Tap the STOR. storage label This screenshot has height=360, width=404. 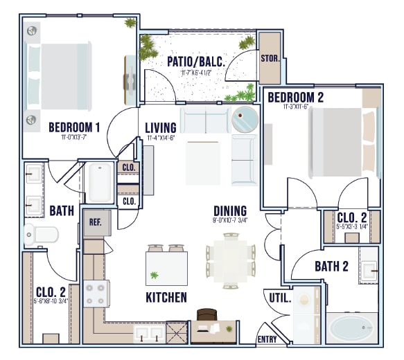click(270, 58)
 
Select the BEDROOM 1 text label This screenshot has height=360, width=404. click(75, 127)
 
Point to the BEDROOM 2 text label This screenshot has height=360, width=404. click(295, 97)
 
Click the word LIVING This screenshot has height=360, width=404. click(161, 128)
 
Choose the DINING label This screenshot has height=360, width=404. click(230, 211)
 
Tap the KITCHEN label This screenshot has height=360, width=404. click(166, 298)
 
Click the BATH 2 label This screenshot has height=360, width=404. click(331, 266)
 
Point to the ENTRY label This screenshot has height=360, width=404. click(267, 339)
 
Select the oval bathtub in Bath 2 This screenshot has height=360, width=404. click(351, 327)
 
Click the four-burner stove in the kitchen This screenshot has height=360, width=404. click(95, 294)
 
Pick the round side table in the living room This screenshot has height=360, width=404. click(244, 120)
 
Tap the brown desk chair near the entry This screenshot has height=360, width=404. click(207, 316)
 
